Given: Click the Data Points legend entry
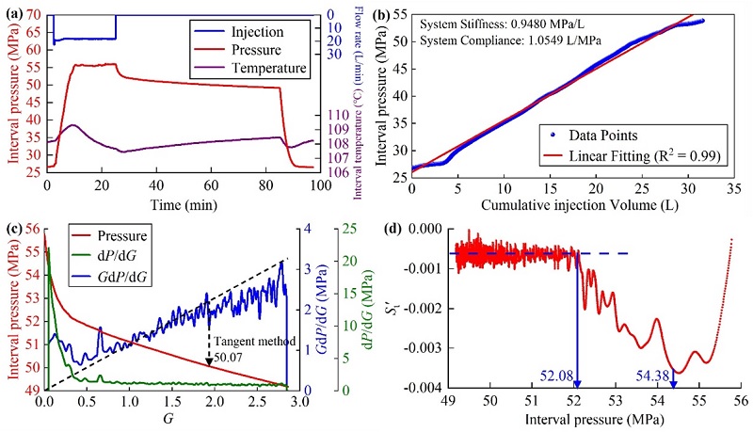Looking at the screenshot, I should tap(615, 134).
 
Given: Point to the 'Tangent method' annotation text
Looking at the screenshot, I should tap(246, 341).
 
